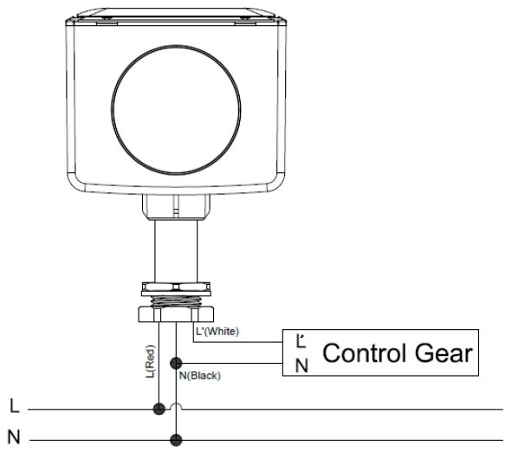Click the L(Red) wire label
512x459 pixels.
pos(150,361)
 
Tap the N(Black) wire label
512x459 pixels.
pos(200,376)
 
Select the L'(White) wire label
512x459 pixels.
pos(217,332)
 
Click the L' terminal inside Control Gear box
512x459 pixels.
pos(301,341)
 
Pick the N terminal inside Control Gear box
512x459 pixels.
pos(301,365)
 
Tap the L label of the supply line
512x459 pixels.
pos(15,406)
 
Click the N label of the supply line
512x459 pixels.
pos(14,436)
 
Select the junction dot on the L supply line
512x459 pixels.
pos(159,409)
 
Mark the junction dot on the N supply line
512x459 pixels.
pos(176,440)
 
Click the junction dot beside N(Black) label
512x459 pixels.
pos(176,363)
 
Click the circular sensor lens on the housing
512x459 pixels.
pos(176,110)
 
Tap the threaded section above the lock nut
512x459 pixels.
pos(176,301)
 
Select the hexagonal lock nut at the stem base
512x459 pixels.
pos(176,314)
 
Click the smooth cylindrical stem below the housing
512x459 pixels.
pos(176,251)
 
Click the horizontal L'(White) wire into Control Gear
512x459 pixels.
pos(238,342)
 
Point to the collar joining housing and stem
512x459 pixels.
pos(176,207)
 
